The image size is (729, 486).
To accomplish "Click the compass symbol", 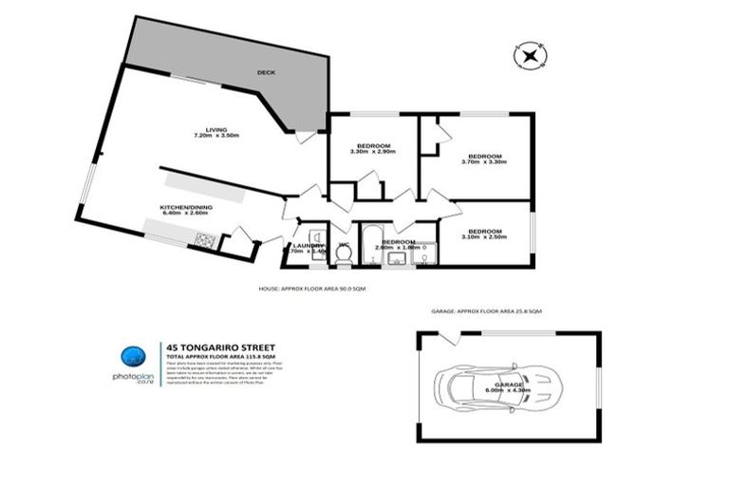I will [x=528, y=57].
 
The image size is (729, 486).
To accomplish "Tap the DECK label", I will [x=266, y=71].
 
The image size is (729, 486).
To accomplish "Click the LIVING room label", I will [x=221, y=130].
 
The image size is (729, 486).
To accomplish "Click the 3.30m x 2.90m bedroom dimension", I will [x=373, y=152].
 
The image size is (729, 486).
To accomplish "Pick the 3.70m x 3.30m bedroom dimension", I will [x=484, y=162].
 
